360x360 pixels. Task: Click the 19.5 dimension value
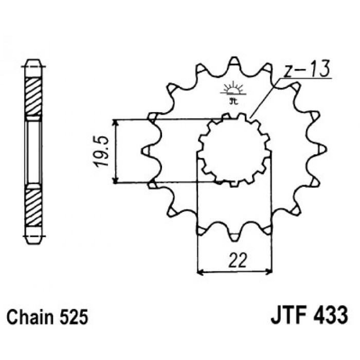(x=101, y=151)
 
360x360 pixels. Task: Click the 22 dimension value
(x=238, y=260)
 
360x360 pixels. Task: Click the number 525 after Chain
(x=74, y=317)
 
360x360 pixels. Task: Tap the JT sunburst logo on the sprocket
(x=233, y=93)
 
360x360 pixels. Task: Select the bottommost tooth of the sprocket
(x=234, y=237)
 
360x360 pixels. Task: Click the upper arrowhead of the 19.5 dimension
(x=116, y=122)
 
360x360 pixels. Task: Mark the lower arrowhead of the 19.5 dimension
(x=116, y=180)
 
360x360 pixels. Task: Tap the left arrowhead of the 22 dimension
(x=200, y=273)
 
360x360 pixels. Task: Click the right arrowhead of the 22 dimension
(x=269, y=273)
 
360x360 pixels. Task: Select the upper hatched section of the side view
(x=33, y=97)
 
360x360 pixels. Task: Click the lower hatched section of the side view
(x=33, y=208)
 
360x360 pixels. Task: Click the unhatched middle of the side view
(x=33, y=152)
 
